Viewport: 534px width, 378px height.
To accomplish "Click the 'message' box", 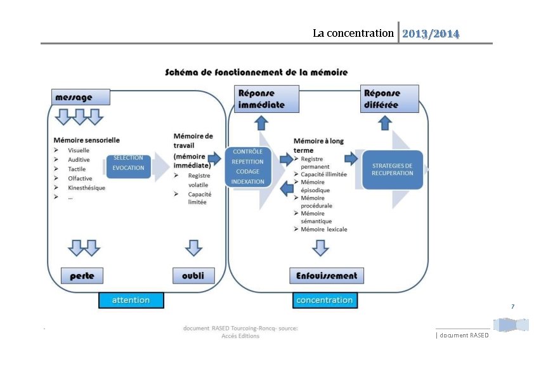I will (81, 97).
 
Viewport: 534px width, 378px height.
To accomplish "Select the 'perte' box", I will (82, 275).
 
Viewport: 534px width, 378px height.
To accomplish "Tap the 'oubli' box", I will (193, 275).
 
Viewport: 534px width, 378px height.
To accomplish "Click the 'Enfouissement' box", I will (326, 275).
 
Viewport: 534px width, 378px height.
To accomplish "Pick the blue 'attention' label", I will (131, 300).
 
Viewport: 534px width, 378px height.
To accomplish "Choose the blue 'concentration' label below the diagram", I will (324, 300).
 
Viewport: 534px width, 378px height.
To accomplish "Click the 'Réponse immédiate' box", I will (266, 99).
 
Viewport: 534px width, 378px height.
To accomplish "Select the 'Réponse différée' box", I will (389, 99).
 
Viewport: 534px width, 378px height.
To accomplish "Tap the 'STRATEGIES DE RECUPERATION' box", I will (392, 169).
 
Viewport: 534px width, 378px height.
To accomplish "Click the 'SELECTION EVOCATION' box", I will (128, 163).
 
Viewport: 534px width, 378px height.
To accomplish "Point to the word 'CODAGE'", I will (247, 171).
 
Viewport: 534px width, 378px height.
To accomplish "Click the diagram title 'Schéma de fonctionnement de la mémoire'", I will (256, 72).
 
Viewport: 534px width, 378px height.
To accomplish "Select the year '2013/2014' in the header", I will (431, 33).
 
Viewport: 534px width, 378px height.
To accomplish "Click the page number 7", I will (513, 307).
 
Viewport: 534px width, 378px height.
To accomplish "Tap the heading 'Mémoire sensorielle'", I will (86, 140).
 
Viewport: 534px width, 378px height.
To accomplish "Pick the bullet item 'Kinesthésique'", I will (86, 188).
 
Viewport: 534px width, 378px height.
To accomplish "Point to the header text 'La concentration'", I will (353, 33).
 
